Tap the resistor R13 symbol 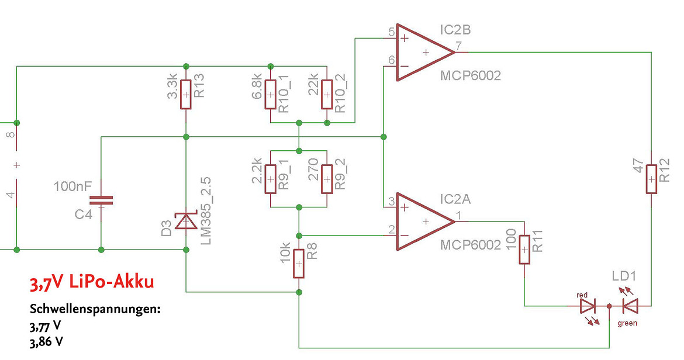pyautogui.click(x=186, y=95)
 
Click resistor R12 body pyautogui.click(x=651, y=179)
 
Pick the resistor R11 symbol pyautogui.click(x=524, y=250)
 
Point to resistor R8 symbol pyautogui.click(x=299, y=264)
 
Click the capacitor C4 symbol pyautogui.click(x=101, y=200)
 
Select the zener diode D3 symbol pyautogui.click(x=186, y=221)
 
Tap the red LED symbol pyautogui.click(x=588, y=306)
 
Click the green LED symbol pyautogui.click(x=630, y=306)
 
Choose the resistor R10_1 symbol pyautogui.click(x=271, y=95)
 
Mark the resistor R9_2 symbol pyautogui.click(x=327, y=179)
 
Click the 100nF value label pyautogui.click(x=73, y=186)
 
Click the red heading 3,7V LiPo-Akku pyautogui.click(x=92, y=282)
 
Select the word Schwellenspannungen pyautogui.click(x=95, y=310)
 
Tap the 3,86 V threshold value pyautogui.click(x=46, y=341)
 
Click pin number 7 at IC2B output pyautogui.click(x=458, y=46)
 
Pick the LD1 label pyautogui.click(x=624, y=276)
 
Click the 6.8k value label pyautogui.click(x=257, y=86)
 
